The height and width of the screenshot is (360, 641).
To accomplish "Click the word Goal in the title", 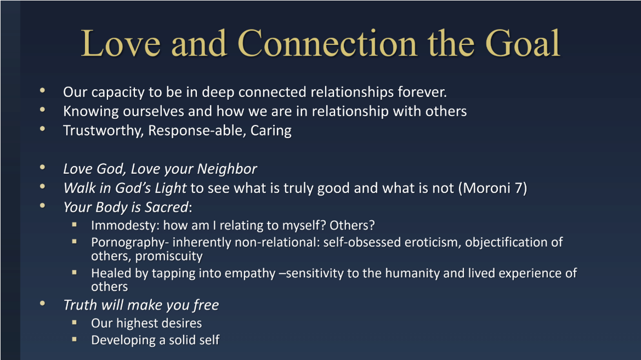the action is point(523,43).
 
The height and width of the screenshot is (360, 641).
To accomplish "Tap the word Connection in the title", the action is point(327,43).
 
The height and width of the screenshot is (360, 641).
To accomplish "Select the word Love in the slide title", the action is point(121,43).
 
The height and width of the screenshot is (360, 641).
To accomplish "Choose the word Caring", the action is point(271,131).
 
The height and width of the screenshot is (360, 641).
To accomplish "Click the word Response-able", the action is point(197,131).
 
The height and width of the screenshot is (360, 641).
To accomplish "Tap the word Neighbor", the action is point(228,169).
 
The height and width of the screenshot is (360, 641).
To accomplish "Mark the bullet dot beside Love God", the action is point(43,167).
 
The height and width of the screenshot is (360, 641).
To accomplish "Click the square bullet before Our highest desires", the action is point(75,322).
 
